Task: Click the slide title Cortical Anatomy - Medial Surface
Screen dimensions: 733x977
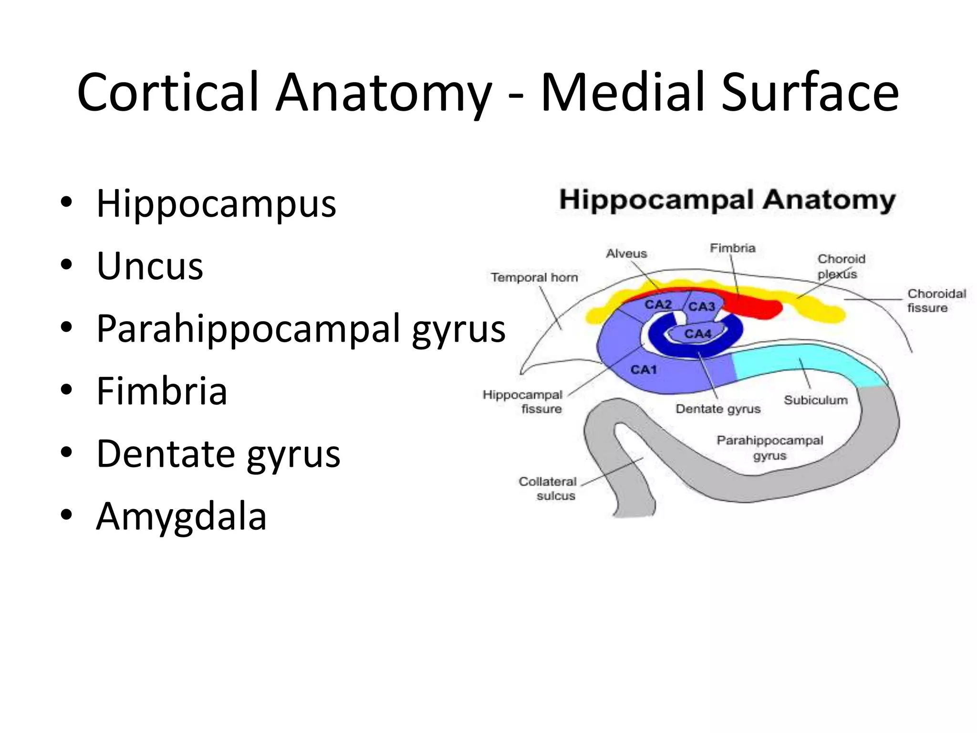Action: tap(488, 93)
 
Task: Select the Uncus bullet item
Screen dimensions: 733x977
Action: tap(150, 266)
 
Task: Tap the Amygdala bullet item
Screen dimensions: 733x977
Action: tap(181, 516)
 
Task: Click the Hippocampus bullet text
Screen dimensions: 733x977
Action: tap(216, 203)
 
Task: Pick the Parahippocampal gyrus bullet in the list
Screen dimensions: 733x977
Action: tap(301, 329)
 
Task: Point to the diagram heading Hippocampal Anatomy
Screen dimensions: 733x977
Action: tap(727, 200)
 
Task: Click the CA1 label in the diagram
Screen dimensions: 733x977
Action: tap(644, 370)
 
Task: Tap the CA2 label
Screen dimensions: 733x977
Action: tap(658, 304)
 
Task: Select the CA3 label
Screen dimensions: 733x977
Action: tap(702, 306)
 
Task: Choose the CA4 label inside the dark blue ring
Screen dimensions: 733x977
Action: tap(697, 334)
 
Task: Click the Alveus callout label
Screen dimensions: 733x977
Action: tap(626, 253)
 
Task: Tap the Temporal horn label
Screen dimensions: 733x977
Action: tap(534, 277)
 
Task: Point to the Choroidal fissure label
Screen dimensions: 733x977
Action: tap(936, 301)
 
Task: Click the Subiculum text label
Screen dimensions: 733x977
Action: tap(815, 400)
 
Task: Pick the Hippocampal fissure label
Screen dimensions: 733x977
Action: tap(523, 402)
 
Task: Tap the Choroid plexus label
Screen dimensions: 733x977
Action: tap(841, 266)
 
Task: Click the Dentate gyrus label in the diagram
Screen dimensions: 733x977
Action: tap(718, 409)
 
